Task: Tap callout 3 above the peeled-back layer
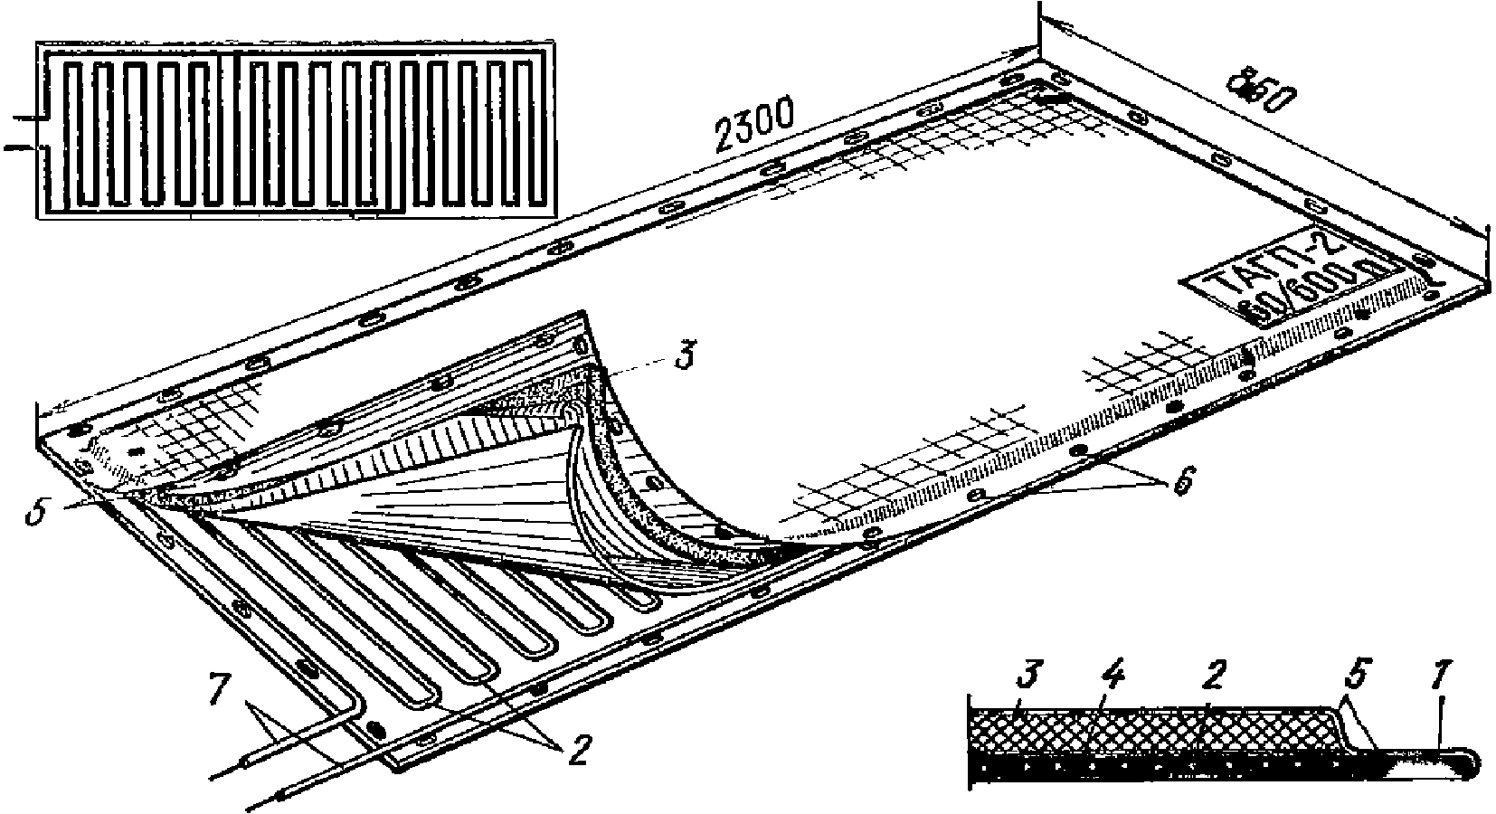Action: pos(685,355)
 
